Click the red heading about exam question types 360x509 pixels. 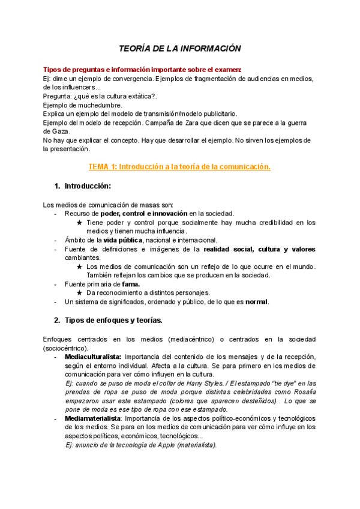[x=142, y=69]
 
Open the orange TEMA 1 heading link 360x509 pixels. [x=179, y=166]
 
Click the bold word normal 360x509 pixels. [x=257, y=301]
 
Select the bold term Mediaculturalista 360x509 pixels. [x=92, y=356]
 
